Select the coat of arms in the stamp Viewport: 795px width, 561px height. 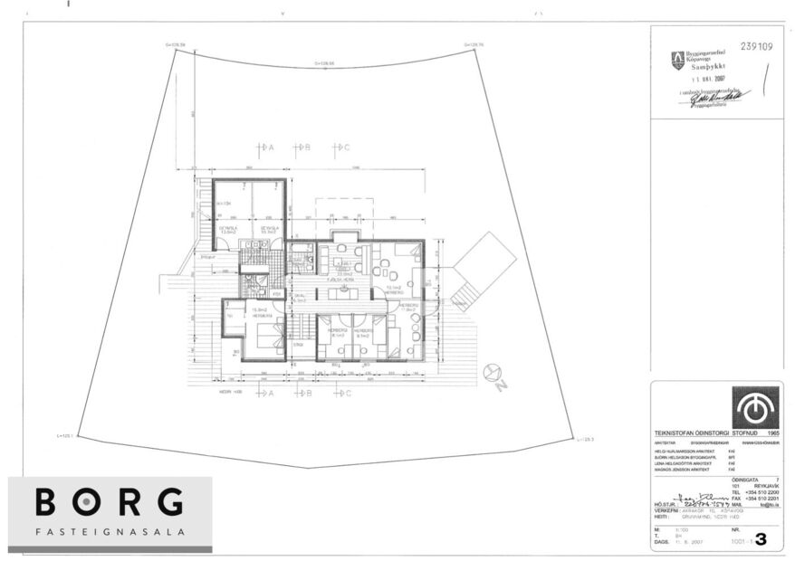[x=677, y=61]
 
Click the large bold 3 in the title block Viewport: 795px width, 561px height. [x=760, y=540]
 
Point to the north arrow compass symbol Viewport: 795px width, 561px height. [x=493, y=372]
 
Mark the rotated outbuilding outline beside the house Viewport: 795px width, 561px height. [x=484, y=262]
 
